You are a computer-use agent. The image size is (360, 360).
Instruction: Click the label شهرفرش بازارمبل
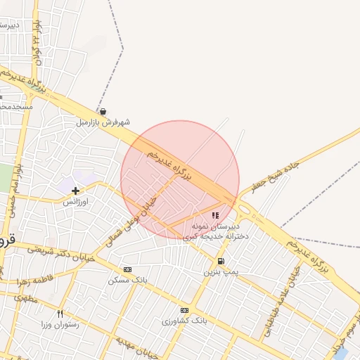(x=103, y=122)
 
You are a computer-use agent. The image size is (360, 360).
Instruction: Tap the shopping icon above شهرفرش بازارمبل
(x=103, y=111)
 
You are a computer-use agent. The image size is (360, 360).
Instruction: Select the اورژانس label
(x=75, y=202)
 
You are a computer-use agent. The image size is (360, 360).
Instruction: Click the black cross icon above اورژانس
(x=75, y=191)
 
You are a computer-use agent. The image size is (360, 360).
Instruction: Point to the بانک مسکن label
(x=127, y=280)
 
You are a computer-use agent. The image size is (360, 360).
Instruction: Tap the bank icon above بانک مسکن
(x=127, y=269)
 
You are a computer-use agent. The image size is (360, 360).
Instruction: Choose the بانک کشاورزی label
(x=184, y=321)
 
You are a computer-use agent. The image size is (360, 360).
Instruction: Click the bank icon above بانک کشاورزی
(x=184, y=310)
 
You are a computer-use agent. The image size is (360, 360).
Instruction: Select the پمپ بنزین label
(x=221, y=271)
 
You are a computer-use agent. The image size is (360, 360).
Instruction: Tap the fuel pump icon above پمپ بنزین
(x=221, y=261)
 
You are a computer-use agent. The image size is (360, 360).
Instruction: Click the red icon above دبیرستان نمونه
(x=214, y=216)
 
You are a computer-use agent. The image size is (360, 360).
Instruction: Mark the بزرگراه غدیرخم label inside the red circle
(x=169, y=164)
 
